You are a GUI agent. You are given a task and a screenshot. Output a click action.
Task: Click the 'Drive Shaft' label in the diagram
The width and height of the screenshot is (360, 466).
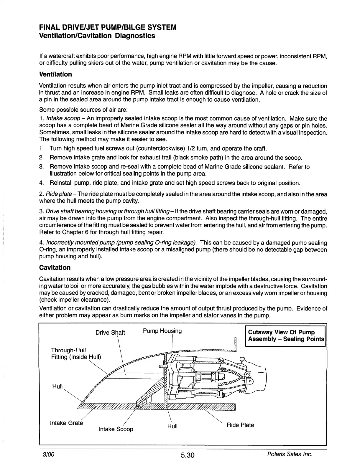point(110,333)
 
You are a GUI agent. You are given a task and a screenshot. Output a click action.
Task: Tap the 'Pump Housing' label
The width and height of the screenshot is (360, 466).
point(162,331)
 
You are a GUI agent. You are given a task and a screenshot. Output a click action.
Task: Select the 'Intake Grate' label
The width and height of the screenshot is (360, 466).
point(66,423)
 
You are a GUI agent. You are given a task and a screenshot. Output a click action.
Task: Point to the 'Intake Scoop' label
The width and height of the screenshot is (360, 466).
point(116,429)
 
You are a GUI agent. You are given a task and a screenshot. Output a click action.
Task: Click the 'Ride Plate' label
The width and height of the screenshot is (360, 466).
point(240,425)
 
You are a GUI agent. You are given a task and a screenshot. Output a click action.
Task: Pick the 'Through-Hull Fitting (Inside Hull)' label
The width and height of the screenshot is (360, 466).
point(76,353)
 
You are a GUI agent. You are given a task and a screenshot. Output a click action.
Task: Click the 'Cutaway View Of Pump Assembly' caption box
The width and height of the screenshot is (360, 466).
point(285,336)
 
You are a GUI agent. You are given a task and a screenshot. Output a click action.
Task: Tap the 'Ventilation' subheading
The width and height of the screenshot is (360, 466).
point(55,74)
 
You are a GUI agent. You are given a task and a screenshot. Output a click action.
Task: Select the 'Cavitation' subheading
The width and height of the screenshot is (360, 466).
point(55,267)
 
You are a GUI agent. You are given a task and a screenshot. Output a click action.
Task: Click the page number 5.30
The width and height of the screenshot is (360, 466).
point(187,455)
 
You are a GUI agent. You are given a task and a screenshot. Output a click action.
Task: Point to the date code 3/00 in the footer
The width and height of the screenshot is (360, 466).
point(49,454)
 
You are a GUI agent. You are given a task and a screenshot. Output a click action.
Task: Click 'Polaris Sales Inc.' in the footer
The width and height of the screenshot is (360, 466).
point(289,454)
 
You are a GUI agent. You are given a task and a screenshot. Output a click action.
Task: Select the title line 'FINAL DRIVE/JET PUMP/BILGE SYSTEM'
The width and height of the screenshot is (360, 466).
point(108,27)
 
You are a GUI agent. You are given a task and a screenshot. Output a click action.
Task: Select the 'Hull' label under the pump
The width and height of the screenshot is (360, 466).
point(172,426)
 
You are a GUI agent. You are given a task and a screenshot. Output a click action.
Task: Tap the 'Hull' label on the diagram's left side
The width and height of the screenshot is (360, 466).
point(57,386)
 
